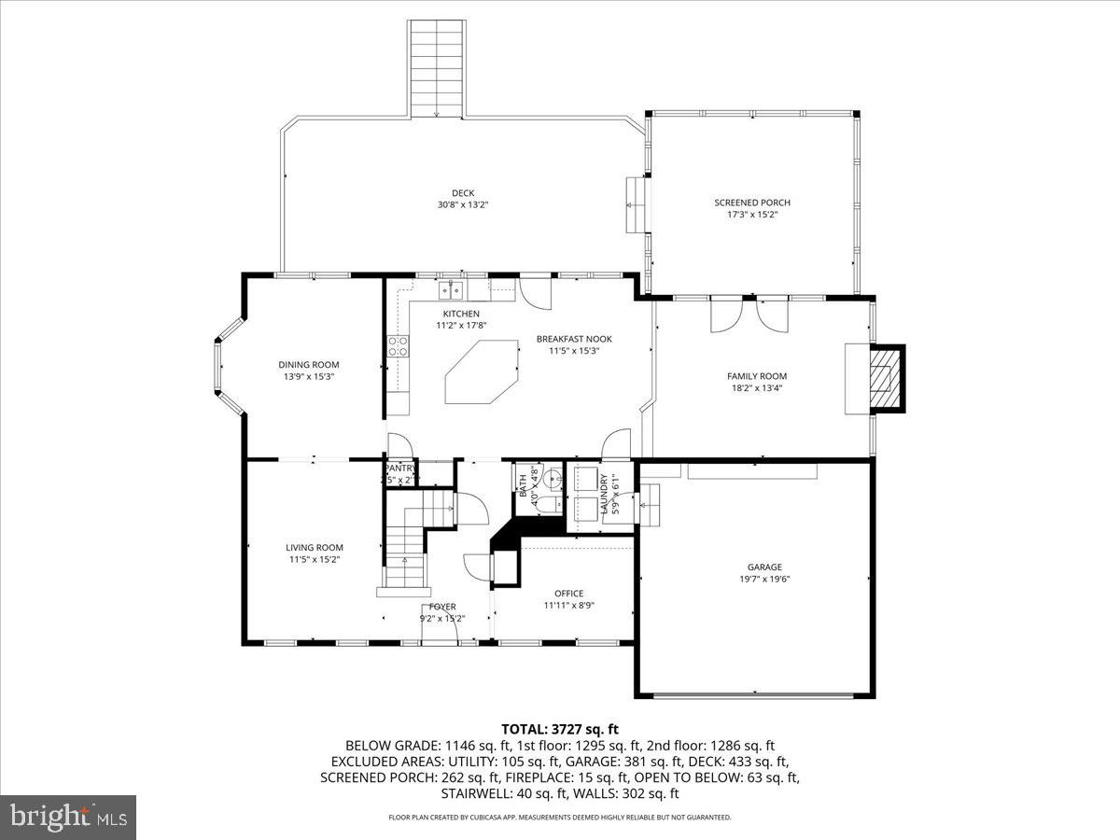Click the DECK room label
(463, 193)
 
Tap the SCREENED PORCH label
(752, 203)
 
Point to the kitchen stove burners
(397, 346)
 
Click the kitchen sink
(453, 288)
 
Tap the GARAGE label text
(764, 567)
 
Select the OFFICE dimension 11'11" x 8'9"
(568, 605)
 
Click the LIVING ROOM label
(315, 548)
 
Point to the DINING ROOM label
(309, 365)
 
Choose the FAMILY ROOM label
(757, 376)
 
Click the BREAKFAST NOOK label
(574, 339)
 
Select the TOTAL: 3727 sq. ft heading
(560, 729)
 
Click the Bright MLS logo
(68, 817)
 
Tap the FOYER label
(442, 607)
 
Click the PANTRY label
(399, 469)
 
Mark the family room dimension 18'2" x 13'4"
(757, 388)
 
